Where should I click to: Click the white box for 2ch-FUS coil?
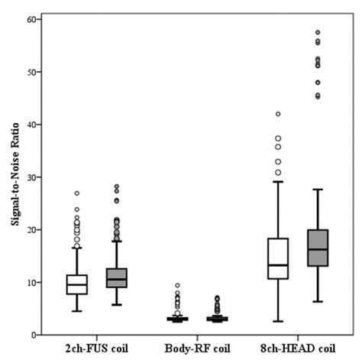coord(77,284)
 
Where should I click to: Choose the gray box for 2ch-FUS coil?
coord(116,278)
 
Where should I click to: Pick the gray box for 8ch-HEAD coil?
coord(317,248)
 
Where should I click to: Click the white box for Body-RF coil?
coord(177,319)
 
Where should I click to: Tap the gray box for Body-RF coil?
coord(217,319)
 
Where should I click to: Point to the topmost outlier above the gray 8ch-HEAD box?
coord(318,33)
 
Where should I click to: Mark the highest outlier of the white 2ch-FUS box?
coord(77,193)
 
